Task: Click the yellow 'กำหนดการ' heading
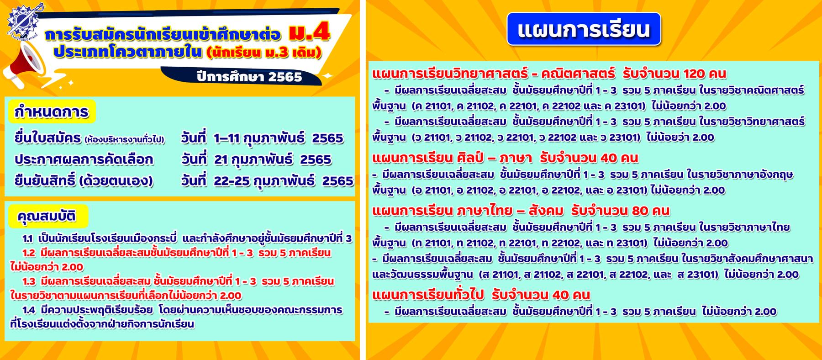tap(52, 112)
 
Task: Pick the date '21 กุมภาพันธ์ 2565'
tap(273, 159)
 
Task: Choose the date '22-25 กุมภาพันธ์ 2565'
tap(284, 181)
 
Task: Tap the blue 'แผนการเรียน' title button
tap(584, 29)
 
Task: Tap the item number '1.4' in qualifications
tap(28, 310)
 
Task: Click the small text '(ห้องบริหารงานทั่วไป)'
tap(124, 139)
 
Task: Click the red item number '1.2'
tap(28, 253)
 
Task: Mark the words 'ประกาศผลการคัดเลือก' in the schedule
tap(84, 159)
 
